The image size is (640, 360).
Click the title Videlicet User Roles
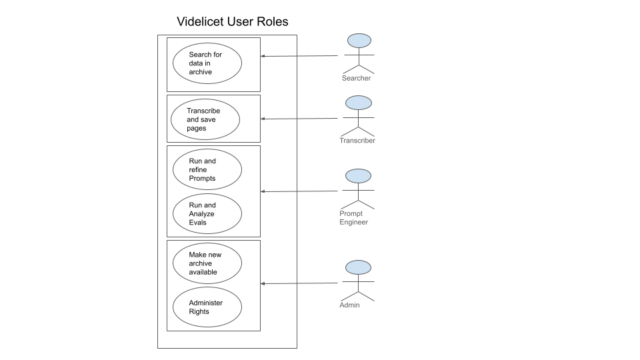pos(232,21)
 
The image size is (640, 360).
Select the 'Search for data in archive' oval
pos(207,63)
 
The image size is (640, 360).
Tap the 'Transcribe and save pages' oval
pos(205,119)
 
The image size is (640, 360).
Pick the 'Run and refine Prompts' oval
pos(207,170)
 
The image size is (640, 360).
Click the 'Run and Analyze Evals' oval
pos(207,214)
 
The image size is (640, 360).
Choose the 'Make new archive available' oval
pos(207,263)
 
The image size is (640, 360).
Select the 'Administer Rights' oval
pos(207,307)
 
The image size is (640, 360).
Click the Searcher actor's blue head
pos(359,41)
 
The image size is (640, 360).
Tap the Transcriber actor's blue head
pos(359,103)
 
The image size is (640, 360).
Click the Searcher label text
pos(356,79)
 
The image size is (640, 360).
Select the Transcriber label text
pos(357,141)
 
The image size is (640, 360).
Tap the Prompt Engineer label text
pos(353,218)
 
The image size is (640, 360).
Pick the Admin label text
pos(349,305)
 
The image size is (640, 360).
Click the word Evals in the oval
pos(198,223)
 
